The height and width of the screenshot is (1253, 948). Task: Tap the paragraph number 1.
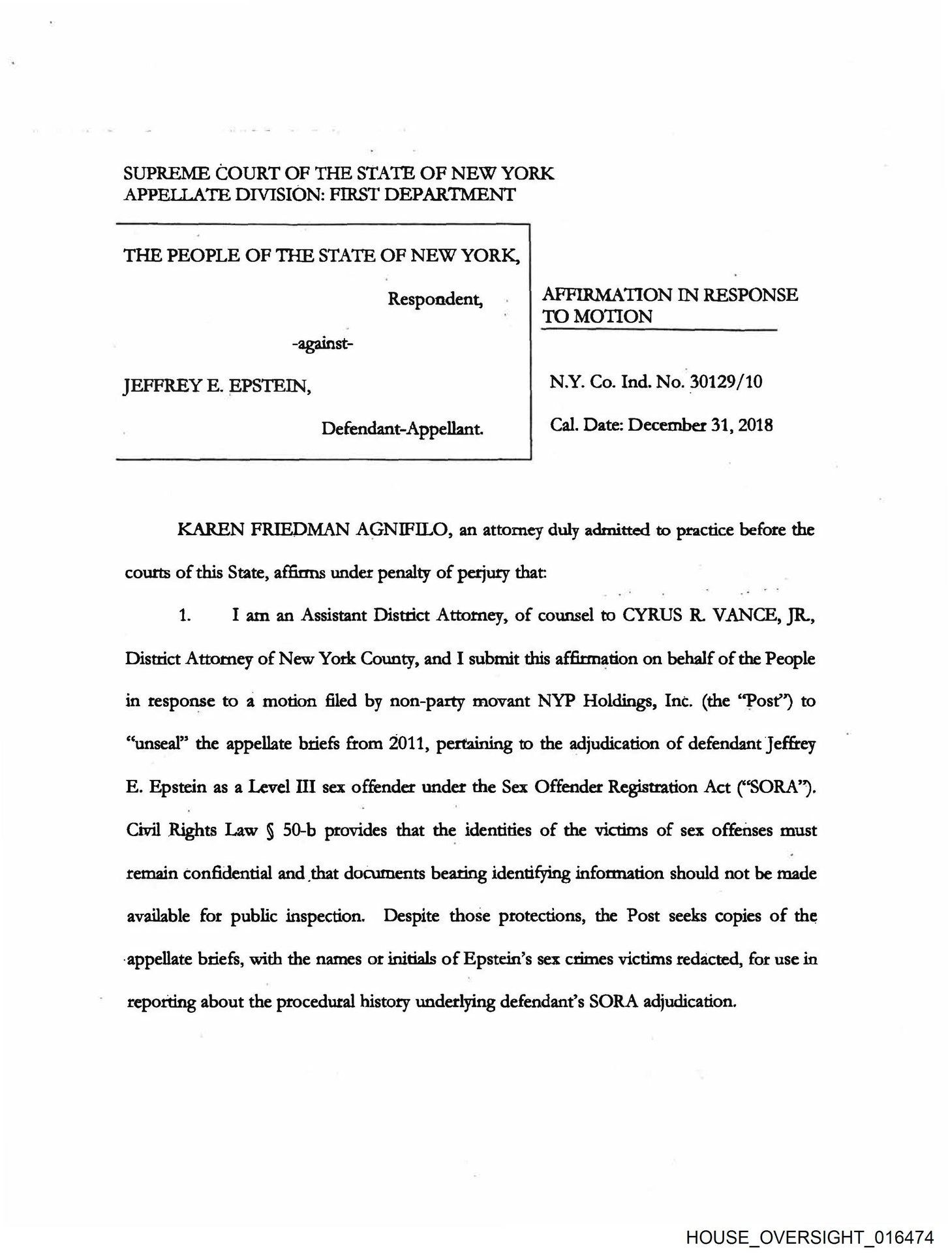[185, 616]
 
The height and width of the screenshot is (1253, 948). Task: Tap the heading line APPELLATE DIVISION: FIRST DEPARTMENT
[320, 194]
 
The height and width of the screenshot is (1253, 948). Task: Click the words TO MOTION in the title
[598, 317]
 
